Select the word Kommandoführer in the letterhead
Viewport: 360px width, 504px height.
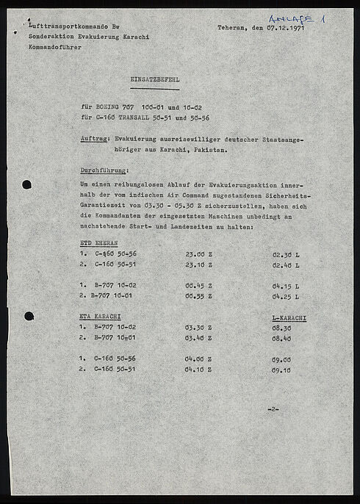(55, 46)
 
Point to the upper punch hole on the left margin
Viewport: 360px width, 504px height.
(26, 184)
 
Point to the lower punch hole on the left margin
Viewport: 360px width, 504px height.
(29, 316)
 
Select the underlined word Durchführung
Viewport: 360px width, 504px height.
(101, 168)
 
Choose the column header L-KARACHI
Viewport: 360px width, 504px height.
(289, 318)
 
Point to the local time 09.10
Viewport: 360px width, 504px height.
(281, 370)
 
